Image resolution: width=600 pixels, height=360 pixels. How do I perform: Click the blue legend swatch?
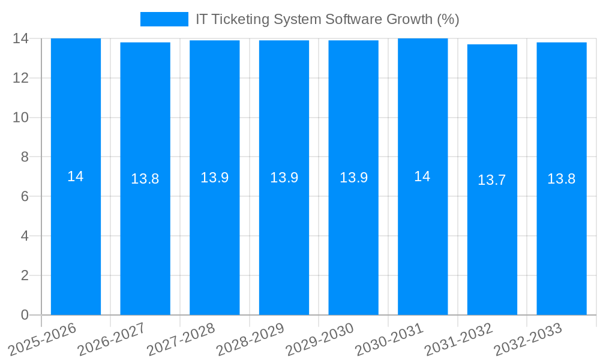pos(164,19)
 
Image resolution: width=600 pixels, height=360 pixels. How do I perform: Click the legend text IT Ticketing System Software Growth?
pos(327,19)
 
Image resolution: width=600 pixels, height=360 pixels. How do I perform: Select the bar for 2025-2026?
pos(76,240)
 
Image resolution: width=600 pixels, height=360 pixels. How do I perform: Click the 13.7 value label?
pos(492,180)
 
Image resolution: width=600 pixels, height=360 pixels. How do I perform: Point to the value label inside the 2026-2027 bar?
pos(145,179)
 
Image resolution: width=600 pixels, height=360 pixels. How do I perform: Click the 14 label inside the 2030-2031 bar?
pos(422,176)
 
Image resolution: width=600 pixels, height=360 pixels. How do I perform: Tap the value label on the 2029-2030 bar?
pos(353,178)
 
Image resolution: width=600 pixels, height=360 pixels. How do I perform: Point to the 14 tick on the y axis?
pos(21,38)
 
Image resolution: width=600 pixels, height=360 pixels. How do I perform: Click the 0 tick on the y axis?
pos(25,315)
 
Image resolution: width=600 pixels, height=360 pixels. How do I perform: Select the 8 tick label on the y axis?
pos(25,157)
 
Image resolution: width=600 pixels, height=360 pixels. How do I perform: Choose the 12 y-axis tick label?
pos(21,78)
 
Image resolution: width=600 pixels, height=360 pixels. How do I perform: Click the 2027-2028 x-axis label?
pos(181,340)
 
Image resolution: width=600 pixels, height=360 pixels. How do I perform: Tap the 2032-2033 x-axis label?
pos(528,340)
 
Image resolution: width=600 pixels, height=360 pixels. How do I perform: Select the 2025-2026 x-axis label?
pos(43,340)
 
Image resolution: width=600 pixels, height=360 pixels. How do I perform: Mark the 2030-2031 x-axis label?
pos(389,340)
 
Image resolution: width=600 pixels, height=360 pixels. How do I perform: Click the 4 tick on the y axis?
pos(25,236)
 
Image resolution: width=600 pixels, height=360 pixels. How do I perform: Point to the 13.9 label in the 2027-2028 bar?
pos(215,178)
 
